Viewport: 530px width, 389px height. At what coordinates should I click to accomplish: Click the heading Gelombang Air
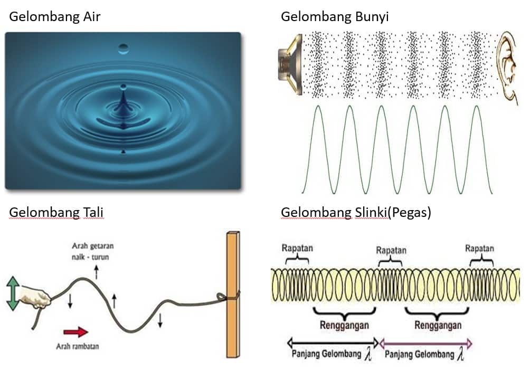(54, 17)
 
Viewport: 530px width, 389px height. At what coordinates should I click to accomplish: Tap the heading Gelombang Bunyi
(335, 17)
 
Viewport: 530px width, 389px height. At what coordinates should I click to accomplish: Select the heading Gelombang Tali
(56, 212)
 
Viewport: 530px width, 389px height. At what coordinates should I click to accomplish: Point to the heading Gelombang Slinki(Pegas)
(356, 212)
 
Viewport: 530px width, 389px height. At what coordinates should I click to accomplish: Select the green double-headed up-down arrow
(13, 295)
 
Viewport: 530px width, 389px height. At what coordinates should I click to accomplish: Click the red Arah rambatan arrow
(75, 332)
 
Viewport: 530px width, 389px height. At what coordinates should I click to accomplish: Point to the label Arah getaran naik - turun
(93, 251)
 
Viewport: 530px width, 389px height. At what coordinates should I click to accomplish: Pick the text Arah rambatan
(78, 346)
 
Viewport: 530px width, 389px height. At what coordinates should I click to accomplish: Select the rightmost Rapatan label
(479, 248)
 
